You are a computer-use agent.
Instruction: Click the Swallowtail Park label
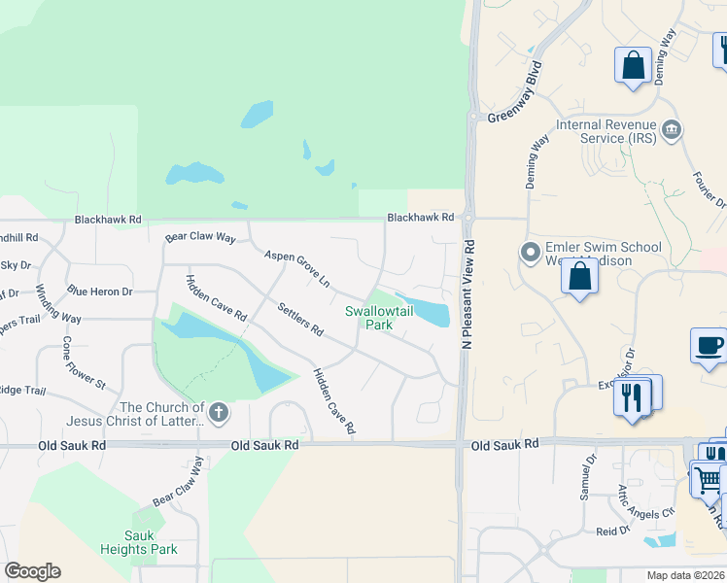pos(368,318)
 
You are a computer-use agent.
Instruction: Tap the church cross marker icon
pos(219,413)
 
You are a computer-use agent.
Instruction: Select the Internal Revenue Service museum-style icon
pos(670,131)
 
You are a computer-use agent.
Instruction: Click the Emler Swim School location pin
pos(530,253)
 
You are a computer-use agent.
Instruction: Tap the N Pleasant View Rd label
pos(467,295)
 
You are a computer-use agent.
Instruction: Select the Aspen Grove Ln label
pos(297,268)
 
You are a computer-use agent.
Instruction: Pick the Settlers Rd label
pos(299,319)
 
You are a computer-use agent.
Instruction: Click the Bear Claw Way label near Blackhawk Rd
pos(201,237)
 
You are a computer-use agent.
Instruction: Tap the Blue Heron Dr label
pos(99,291)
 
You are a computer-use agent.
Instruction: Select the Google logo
pos(32,571)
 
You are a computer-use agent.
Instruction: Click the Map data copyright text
pos(686,575)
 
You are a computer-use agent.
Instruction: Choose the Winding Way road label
pos(58,304)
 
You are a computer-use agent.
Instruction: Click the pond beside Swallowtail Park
pos(428,310)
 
